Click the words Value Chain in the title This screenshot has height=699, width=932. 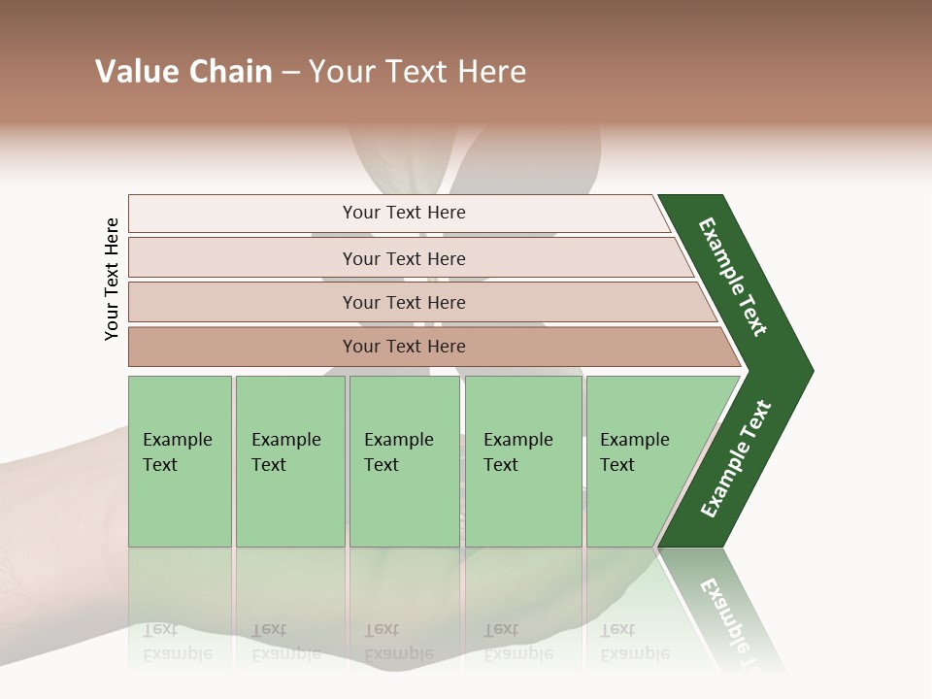pos(183,72)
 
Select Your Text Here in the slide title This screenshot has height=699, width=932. pos(417,72)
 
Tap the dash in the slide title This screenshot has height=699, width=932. pos(290,73)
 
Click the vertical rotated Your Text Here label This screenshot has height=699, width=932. pos(112,279)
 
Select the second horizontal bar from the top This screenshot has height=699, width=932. pos(403,258)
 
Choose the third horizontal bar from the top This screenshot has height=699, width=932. pos(403,302)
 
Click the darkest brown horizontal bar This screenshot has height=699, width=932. pos(403,347)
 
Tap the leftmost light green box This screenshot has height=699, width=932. pos(180,461)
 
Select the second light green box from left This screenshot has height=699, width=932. pos(289,461)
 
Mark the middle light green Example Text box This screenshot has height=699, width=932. pos(404,461)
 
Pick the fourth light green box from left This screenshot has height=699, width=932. pos(522,461)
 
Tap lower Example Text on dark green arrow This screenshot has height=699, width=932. pos(736,459)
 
